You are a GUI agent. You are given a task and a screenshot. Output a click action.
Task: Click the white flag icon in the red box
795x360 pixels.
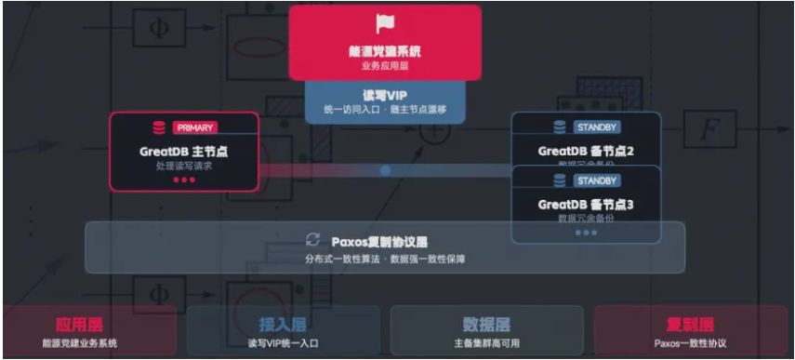click(x=385, y=25)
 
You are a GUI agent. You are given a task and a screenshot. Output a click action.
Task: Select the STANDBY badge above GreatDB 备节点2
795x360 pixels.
click(x=593, y=127)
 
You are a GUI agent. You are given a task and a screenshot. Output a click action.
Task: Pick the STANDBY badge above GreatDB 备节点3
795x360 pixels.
click(x=593, y=180)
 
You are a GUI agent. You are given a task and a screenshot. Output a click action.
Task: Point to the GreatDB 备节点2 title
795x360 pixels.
click(x=586, y=151)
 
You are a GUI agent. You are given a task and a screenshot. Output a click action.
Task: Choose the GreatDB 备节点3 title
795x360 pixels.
click(x=586, y=204)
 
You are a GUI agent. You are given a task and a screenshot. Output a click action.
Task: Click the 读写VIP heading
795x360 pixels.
click(x=385, y=94)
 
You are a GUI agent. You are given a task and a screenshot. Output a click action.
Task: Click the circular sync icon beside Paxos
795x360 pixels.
click(x=313, y=240)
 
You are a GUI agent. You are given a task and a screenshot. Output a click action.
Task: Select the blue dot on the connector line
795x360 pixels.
click(x=385, y=170)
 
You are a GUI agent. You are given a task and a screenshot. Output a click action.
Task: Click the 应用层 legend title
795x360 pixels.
click(x=78, y=325)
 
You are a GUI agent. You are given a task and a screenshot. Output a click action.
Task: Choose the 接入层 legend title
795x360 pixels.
click(x=284, y=325)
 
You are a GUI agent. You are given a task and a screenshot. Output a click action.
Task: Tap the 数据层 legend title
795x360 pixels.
click(x=486, y=325)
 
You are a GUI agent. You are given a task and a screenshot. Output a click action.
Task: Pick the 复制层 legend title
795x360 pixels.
click(x=690, y=325)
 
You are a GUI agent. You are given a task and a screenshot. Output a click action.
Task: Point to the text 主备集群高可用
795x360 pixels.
click(x=486, y=343)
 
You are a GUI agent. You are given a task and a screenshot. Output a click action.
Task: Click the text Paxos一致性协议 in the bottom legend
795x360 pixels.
click(x=690, y=343)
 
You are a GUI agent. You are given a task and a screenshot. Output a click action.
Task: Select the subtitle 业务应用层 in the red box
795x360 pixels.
click(x=385, y=66)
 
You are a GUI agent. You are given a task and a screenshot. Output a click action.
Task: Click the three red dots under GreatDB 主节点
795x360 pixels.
click(x=184, y=180)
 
